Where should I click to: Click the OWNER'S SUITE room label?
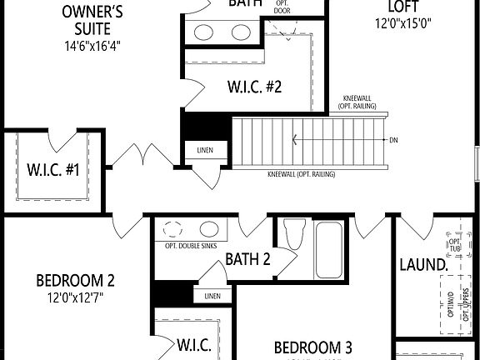click(x=93, y=21)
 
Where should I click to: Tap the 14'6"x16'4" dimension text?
click(x=93, y=46)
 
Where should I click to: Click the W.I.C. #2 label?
click(x=255, y=85)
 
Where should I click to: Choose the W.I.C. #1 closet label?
click(x=52, y=171)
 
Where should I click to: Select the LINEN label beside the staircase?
click(x=205, y=151)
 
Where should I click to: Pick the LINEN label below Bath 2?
click(x=213, y=296)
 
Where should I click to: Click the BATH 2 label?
click(x=248, y=259)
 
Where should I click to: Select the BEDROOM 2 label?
click(x=76, y=280)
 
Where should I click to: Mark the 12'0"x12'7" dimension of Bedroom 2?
click(x=76, y=297)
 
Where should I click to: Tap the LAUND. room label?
click(x=424, y=265)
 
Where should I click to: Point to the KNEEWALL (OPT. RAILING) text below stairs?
click(x=302, y=173)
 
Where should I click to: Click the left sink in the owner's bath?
click(x=205, y=32)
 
